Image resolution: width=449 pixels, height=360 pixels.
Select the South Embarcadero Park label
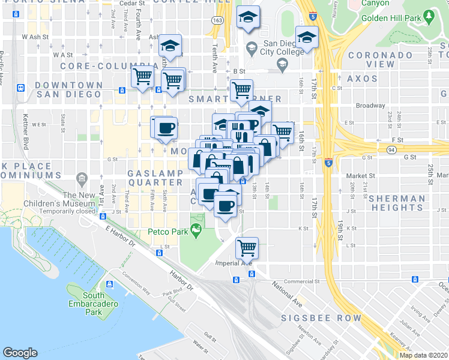point(94,304)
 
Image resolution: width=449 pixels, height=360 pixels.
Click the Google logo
point(20,353)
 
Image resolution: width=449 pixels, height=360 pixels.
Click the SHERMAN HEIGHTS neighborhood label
point(397,203)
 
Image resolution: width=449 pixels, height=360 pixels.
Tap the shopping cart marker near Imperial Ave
point(246,246)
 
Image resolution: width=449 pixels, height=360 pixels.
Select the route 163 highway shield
point(217,20)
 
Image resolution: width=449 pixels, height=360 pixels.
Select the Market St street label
point(360,176)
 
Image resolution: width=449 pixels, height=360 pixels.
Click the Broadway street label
point(370,106)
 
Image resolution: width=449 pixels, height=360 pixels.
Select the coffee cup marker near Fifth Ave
point(165,127)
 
